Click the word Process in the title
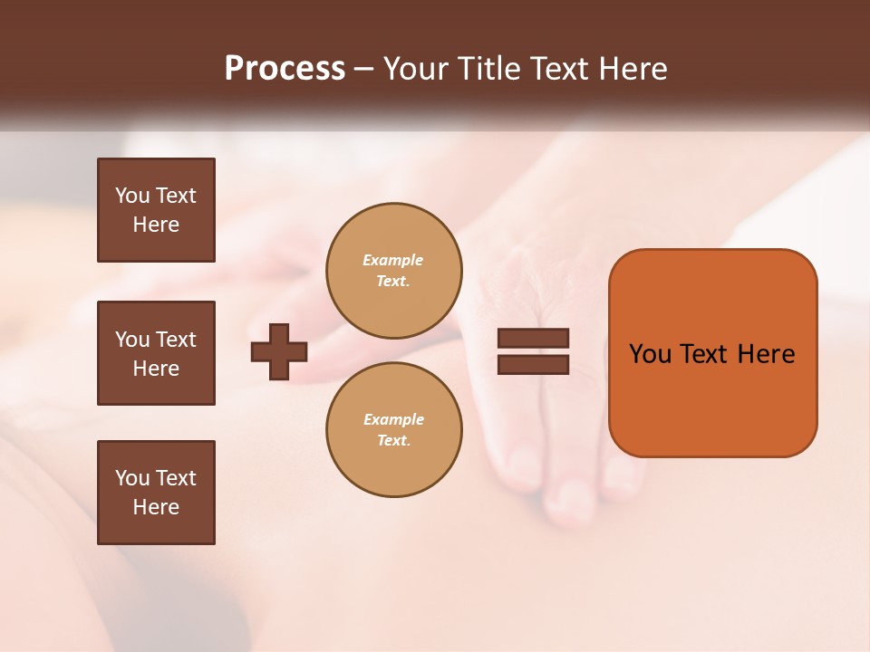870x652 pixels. [x=285, y=69]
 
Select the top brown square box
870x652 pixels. [x=156, y=210]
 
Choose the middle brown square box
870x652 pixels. [x=156, y=353]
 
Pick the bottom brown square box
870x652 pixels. [x=156, y=493]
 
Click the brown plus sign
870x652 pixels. [x=279, y=352]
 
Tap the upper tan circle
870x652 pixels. [x=394, y=271]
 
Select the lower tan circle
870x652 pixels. [x=394, y=430]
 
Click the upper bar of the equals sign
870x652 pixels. [x=533, y=339]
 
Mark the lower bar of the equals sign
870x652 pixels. [x=533, y=365]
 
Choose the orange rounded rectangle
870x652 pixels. [x=712, y=352]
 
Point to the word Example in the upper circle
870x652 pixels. [x=393, y=260]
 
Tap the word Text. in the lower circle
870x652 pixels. [x=393, y=441]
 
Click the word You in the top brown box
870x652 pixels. [x=131, y=196]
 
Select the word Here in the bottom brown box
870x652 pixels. [x=156, y=507]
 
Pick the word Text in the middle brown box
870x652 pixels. [x=176, y=340]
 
